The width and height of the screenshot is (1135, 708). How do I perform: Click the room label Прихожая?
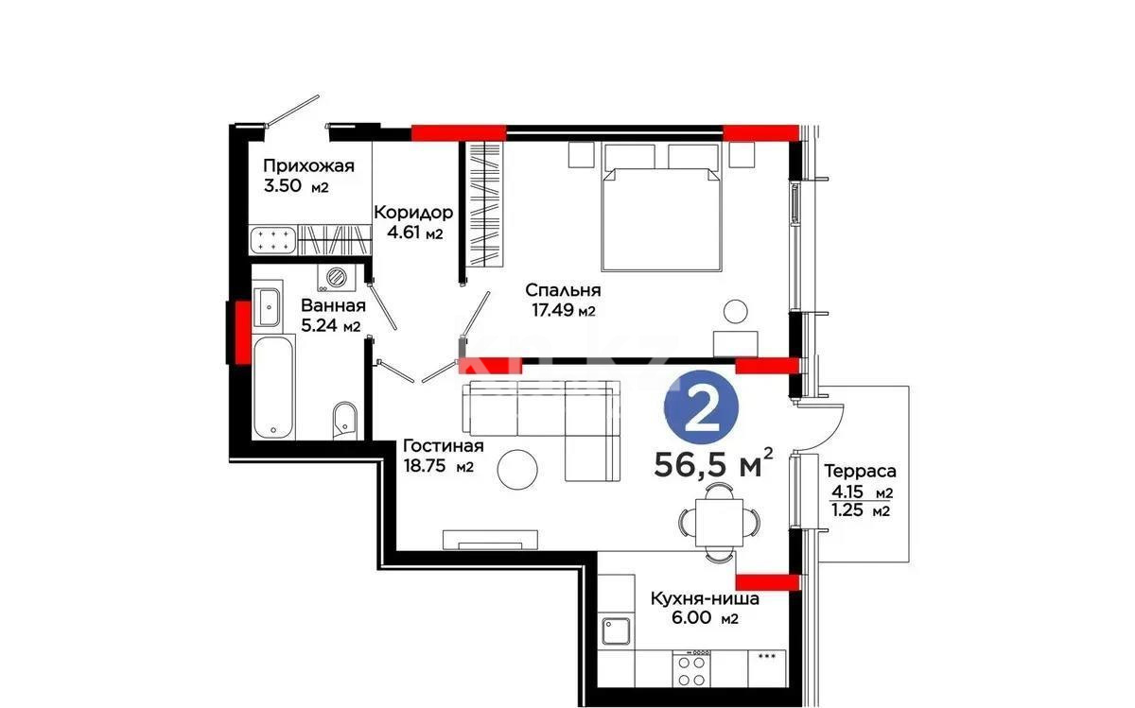(x=308, y=166)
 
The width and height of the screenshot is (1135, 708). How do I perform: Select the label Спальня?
(x=565, y=290)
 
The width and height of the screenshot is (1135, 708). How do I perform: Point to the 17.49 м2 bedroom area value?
(x=565, y=310)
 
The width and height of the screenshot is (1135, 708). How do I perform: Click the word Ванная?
(x=333, y=305)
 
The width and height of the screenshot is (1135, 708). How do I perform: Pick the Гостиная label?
(x=443, y=446)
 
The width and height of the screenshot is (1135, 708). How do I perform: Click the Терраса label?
(x=860, y=470)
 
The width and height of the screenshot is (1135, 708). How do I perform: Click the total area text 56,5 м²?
(x=714, y=464)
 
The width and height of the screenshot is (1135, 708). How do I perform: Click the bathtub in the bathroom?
(x=274, y=388)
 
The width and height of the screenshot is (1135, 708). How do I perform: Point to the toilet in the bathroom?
(x=345, y=420)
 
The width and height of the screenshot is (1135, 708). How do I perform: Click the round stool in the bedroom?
(x=736, y=311)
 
